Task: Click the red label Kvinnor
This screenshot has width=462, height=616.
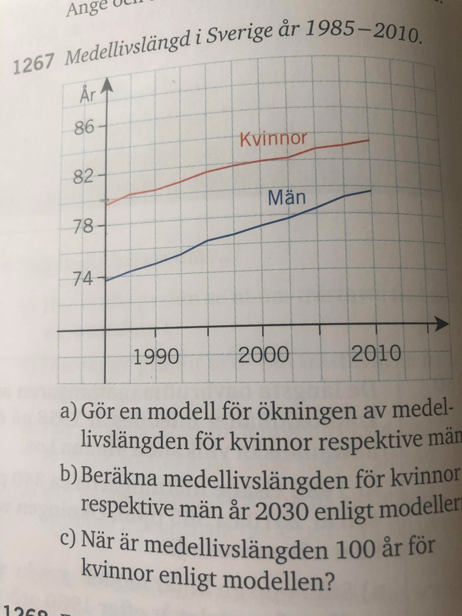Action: coord(273,140)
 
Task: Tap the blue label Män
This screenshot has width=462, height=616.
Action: coord(286,199)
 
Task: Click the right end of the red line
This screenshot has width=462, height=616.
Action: coord(369,140)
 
